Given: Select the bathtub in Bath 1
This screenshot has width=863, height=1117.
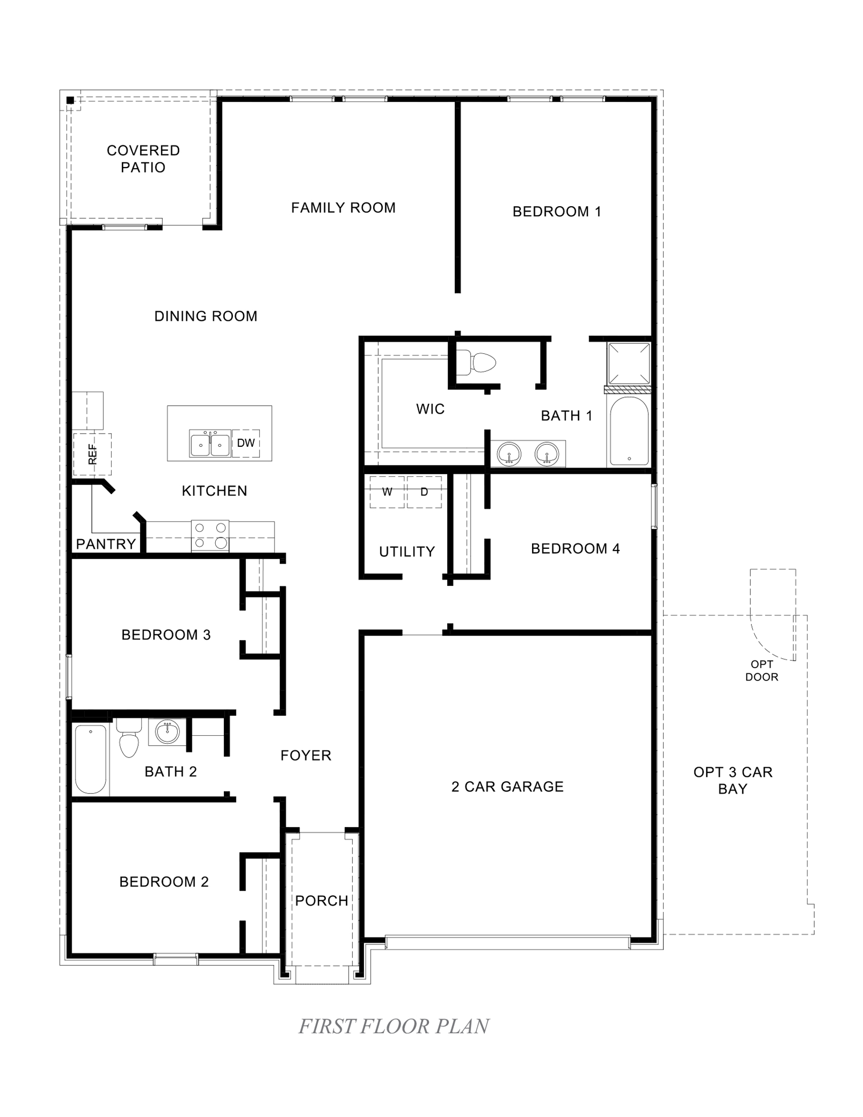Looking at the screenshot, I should coord(629,431).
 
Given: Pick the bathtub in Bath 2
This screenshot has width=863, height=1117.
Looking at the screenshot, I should coord(91,759).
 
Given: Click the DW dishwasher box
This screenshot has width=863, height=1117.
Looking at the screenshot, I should coord(246,443).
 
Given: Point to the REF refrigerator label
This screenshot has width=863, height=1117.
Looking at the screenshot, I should coord(92,454).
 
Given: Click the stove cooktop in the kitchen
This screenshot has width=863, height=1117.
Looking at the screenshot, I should coord(210,536).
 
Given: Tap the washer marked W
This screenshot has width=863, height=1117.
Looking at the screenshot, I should coord(387,492).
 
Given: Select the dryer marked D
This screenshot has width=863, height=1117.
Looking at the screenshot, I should coord(424,492).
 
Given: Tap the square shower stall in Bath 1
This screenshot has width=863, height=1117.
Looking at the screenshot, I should coord(629,364).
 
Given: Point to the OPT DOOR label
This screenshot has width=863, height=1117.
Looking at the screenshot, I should coord(761,671).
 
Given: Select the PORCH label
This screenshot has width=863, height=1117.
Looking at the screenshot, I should coord(321,901).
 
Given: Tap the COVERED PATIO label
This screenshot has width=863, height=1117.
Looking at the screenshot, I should coord(143,158).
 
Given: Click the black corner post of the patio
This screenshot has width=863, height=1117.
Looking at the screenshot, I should coord(71,100).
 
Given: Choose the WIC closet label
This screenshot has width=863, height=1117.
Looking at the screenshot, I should coord(430,409).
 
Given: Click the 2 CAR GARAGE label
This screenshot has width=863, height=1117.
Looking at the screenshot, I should coord(507,786).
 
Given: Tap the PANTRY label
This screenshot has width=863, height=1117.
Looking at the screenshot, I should coord(106,544).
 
